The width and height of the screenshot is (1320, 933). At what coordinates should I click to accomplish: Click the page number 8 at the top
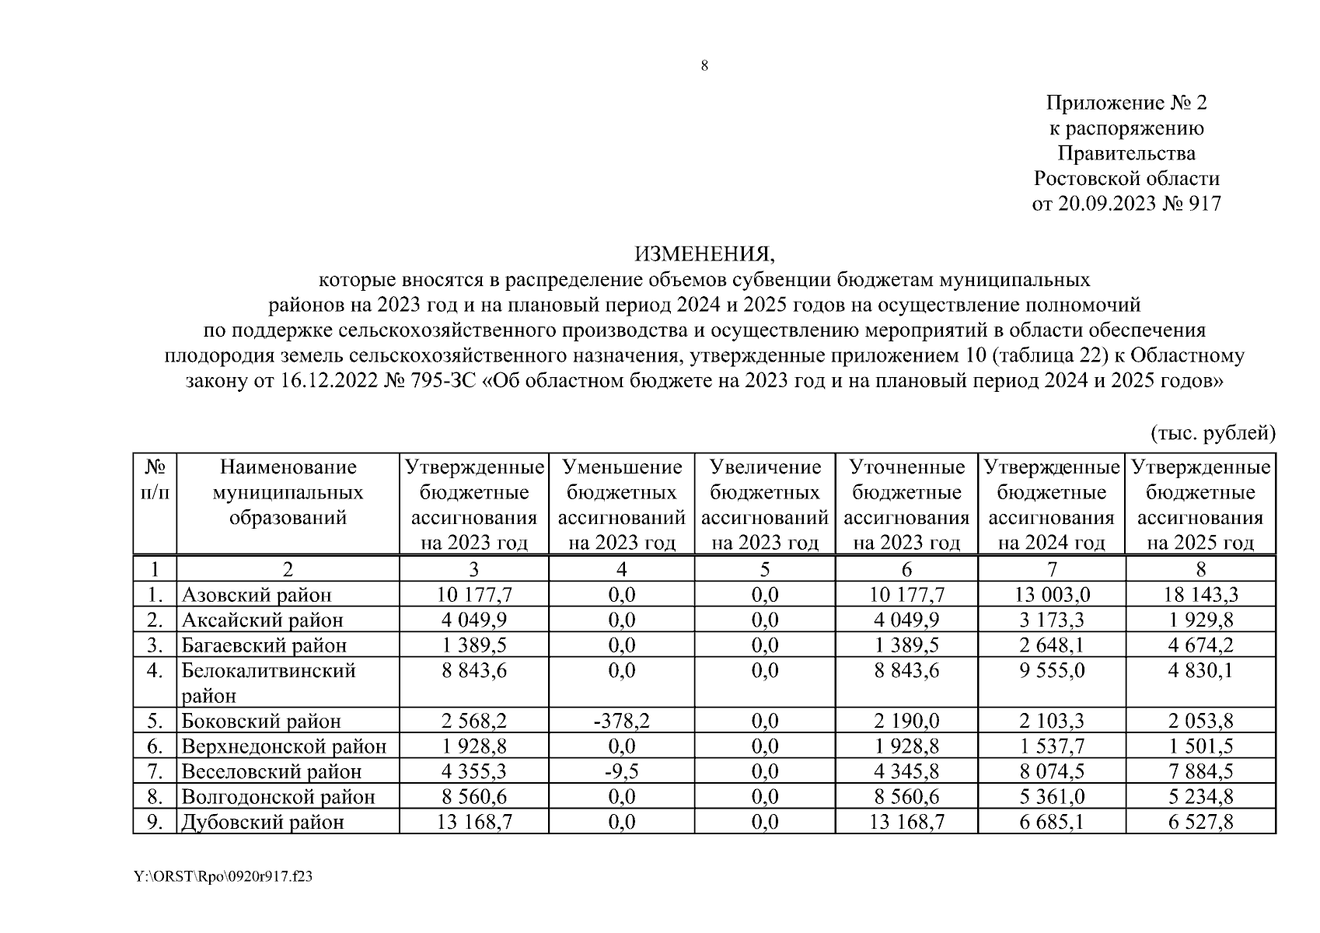pos(704,66)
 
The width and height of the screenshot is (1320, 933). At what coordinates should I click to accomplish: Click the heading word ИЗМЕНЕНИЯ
pos(704,254)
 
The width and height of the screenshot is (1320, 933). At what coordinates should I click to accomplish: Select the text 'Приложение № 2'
pos(1126,103)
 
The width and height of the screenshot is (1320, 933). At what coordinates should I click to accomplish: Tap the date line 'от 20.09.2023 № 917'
pos(1126,204)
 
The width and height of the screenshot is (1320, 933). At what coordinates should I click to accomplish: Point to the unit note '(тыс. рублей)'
pos(1212,432)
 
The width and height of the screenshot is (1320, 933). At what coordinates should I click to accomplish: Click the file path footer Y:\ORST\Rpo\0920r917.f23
pos(223,877)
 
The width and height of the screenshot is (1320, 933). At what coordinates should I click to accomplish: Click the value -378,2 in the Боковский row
pos(620,721)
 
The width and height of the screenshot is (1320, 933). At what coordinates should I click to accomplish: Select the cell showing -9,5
pos(620,771)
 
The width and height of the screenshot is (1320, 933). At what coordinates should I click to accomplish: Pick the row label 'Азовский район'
pos(257,595)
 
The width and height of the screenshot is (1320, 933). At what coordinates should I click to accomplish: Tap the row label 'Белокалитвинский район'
pos(268,682)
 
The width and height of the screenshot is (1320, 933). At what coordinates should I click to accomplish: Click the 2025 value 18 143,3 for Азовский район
pos(1200,595)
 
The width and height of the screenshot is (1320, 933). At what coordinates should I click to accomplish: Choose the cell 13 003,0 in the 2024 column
pos(1052,595)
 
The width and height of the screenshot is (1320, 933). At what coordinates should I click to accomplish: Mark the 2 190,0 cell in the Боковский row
pos(906,721)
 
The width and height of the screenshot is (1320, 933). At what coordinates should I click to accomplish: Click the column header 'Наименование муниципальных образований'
pos(288,492)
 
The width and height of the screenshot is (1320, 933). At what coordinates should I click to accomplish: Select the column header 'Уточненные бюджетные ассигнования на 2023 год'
pos(906,504)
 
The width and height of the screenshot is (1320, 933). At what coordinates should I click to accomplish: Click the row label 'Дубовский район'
pos(263,822)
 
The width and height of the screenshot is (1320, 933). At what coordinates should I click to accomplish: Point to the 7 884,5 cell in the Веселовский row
pos(1200,771)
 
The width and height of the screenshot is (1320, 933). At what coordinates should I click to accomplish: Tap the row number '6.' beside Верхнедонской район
pos(155,746)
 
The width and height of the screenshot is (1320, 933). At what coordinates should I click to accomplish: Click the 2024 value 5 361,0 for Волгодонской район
pos(1052,797)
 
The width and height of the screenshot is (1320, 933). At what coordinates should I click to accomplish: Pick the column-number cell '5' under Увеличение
pos(765,569)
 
